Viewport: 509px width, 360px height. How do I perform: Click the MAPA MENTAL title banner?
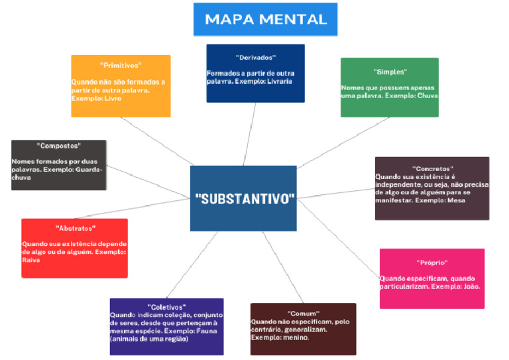tap(266, 19)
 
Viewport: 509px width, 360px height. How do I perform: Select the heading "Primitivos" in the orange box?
tap(121, 65)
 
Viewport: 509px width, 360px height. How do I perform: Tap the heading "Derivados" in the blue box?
tap(255, 58)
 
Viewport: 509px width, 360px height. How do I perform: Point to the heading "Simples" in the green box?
tap(390, 72)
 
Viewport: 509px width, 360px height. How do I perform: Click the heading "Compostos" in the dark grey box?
tap(59, 145)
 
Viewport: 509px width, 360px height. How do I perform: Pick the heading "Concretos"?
tap(432, 169)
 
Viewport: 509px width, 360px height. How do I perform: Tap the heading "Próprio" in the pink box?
tap(432, 263)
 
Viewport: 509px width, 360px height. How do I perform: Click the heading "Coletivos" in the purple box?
tap(166, 306)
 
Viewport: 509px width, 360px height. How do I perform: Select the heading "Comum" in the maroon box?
tap(304, 313)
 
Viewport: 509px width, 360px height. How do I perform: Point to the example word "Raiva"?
tap(31, 260)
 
